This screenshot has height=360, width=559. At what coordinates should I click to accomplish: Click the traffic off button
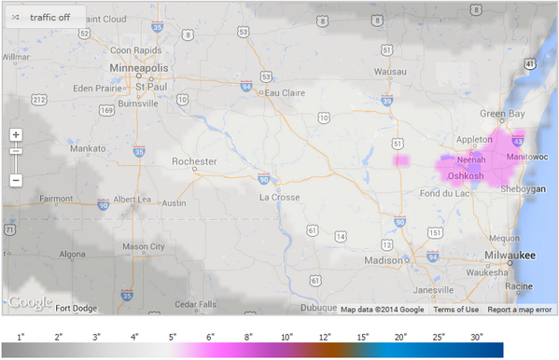pos(45,17)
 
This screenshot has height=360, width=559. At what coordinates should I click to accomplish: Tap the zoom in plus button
pos(16,134)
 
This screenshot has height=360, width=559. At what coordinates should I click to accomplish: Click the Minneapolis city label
pos(141,69)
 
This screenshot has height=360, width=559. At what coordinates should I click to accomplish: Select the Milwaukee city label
pos(510,254)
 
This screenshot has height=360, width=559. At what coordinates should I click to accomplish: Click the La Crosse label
pos(279,197)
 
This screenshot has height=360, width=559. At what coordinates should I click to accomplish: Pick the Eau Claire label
pos(286,92)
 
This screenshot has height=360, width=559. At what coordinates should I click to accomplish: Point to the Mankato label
pos(89,147)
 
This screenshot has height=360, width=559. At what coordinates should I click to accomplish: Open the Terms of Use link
pos(455,310)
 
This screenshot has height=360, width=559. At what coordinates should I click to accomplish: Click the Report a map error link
pos(519,310)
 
